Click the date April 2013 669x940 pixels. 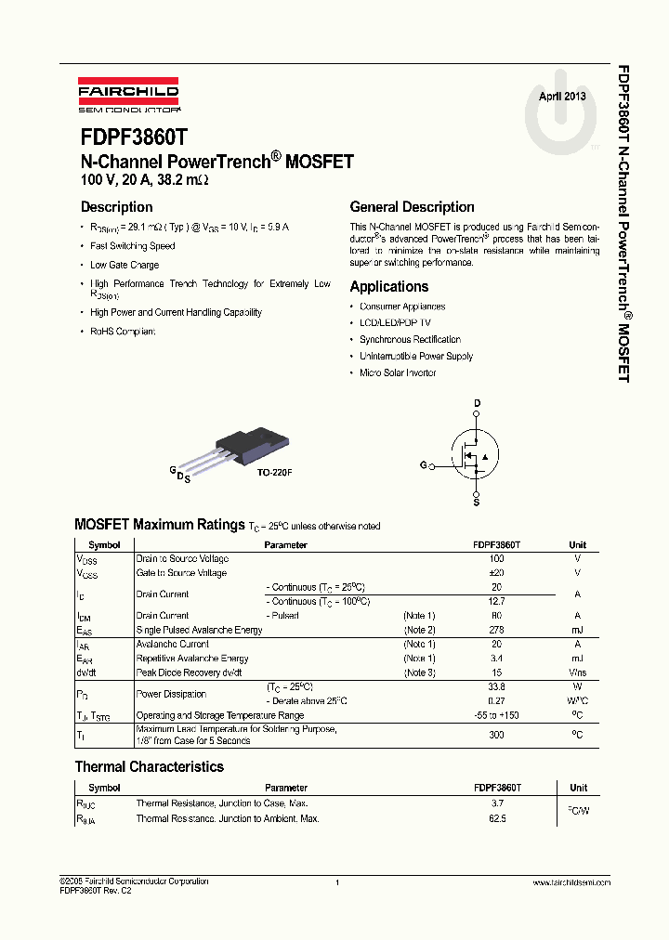tap(562, 97)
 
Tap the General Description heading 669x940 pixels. tap(412, 207)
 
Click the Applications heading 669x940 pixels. tap(389, 287)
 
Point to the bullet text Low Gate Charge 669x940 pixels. tap(125, 265)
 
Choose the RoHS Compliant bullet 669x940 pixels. tap(123, 332)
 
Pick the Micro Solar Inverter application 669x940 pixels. tap(398, 372)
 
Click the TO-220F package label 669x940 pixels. tap(275, 473)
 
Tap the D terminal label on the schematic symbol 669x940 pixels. tap(478, 403)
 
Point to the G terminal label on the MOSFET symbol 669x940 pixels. tap(423, 463)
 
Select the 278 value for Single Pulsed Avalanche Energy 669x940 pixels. tap(496, 630)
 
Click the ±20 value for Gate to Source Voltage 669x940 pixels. tap(496, 573)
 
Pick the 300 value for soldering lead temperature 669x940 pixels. tap(496, 735)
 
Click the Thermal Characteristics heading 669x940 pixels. tap(150, 767)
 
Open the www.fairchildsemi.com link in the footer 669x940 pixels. tap(571, 881)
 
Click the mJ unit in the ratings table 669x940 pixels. tap(577, 630)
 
